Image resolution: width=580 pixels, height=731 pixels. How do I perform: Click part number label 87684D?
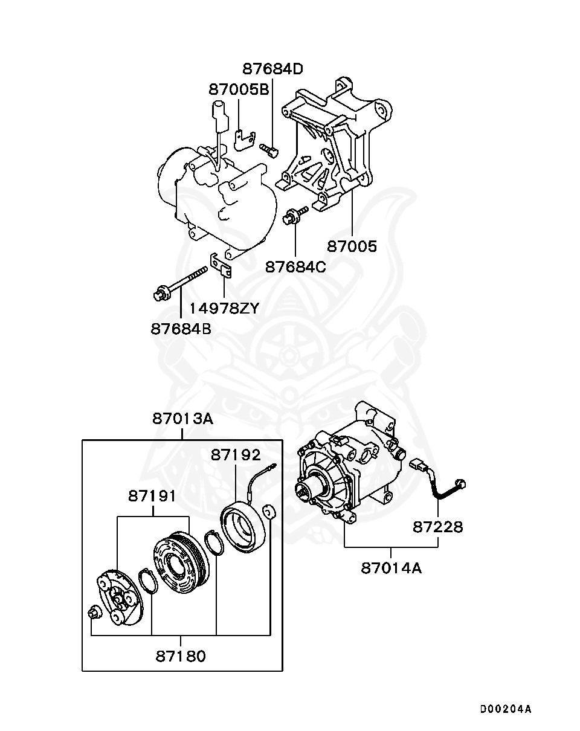272,68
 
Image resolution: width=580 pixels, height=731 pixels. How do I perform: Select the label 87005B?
239,89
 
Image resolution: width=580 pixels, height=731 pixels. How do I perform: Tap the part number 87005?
352,246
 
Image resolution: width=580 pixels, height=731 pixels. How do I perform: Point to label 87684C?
295,266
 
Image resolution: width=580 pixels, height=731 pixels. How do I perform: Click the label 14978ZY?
224,308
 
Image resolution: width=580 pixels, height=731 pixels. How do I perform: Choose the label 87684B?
181,329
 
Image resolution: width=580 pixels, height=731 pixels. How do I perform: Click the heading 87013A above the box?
182,418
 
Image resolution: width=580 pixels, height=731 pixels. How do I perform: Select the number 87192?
236,455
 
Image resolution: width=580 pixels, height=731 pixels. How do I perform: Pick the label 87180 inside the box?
181,655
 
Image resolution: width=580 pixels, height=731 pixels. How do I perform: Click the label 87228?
438,527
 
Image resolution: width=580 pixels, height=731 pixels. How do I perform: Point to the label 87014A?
391,568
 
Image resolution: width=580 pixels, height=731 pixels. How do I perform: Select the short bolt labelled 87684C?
294,214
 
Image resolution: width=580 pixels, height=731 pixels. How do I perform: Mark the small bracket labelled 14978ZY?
222,266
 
